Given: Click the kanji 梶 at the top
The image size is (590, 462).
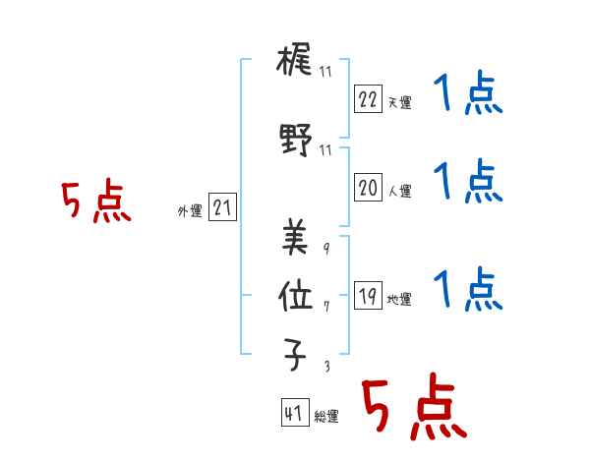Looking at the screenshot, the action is coord(294,59).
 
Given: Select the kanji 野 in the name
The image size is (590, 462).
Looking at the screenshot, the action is coord(296,140).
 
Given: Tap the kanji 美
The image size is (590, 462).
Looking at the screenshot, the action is coord(295,237).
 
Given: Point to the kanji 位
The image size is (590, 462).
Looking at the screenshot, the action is coord(295,296).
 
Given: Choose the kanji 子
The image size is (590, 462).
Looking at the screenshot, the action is coord(295,355).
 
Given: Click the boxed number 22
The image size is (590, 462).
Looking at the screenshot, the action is coord(368,99).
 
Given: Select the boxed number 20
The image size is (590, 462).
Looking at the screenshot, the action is coord(368,188).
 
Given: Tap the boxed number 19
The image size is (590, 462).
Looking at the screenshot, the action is coord(368,295).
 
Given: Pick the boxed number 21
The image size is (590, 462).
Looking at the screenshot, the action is coord(222,207).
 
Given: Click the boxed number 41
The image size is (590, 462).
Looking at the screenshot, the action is coord(295,412).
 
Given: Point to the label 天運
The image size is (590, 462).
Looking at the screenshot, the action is coord(399,102).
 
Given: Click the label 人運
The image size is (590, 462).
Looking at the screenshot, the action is coord(399,191).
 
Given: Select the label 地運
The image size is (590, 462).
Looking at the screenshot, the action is coord(399,299).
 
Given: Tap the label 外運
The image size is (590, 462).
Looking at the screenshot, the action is coord(190,211).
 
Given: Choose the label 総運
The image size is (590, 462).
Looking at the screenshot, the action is coord(326,416).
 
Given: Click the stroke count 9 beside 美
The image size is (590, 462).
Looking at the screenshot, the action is coord(326,248).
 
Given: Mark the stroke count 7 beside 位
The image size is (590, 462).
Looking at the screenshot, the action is coord(326,307).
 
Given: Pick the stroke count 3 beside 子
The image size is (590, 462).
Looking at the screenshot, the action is coord(327,366).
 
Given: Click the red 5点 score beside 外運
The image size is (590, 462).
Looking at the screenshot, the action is coord(96,201).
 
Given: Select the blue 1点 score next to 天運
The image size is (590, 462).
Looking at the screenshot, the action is coord(468,92).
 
